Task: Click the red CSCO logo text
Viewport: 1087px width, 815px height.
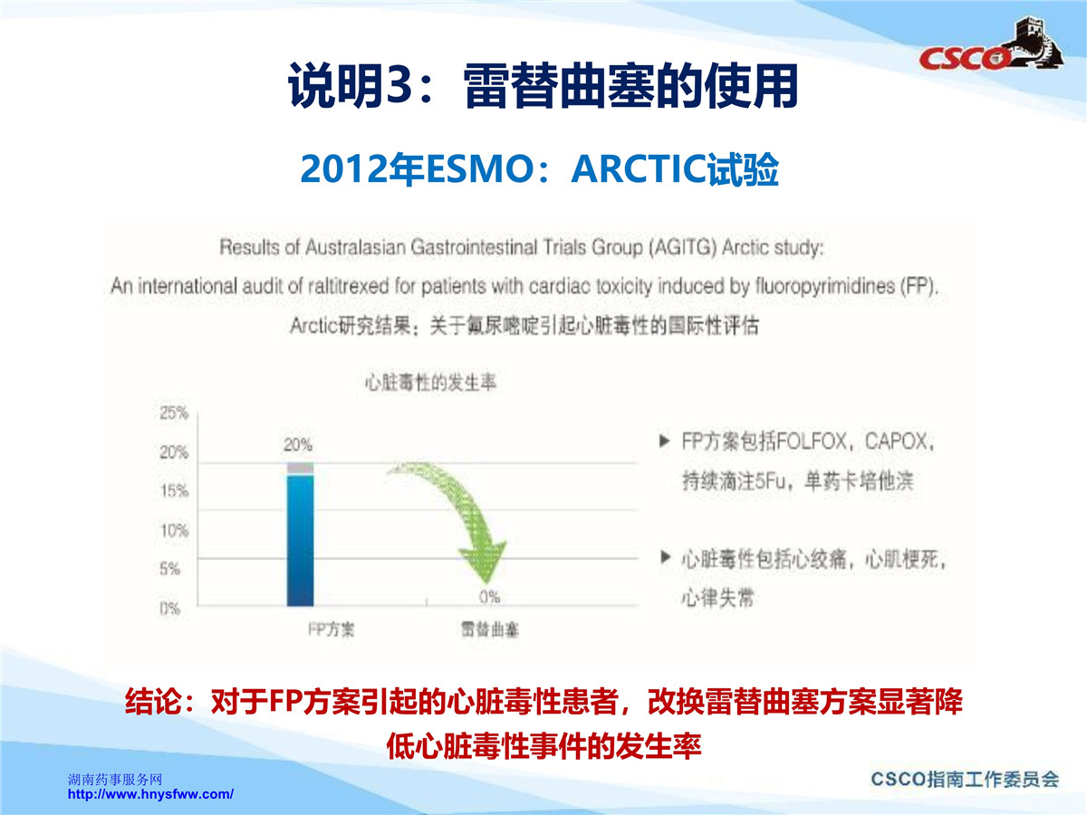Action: (963, 58)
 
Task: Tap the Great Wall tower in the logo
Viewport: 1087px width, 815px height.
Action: (1038, 41)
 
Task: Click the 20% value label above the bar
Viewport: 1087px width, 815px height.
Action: (298, 445)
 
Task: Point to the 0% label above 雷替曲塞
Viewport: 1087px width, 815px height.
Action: (489, 598)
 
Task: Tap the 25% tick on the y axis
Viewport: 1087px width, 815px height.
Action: (174, 413)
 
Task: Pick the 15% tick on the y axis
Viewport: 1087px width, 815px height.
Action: (174, 491)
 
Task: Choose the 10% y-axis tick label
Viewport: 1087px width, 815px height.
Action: (174, 531)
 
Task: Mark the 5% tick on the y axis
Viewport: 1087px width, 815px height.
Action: (170, 569)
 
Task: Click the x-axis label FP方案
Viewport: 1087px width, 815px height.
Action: (331, 629)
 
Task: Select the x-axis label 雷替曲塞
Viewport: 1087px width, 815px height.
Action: (490, 629)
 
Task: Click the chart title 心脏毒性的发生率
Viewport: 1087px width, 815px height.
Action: (430, 382)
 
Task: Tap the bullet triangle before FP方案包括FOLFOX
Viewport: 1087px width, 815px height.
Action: (665, 441)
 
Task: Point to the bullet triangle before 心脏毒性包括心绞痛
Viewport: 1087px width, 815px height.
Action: (666, 558)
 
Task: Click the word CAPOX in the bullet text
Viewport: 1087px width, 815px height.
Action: (896, 441)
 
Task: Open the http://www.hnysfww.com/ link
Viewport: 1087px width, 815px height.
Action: (150, 794)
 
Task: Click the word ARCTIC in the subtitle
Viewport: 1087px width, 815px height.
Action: (639, 169)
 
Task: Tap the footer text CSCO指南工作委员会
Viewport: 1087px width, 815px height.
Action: (965, 779)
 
